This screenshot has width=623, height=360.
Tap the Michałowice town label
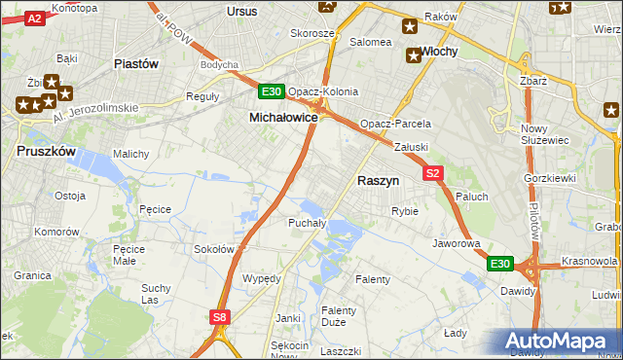tap(284, 117)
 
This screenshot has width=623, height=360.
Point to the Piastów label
tap(135, 64)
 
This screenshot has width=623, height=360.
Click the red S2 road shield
tap(434, 173)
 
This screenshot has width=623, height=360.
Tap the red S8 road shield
tap(220, 316)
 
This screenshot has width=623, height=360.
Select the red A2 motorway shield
tap(34, 18)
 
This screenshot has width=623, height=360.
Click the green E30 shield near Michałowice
tap(272, 92)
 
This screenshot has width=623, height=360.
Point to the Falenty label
tap(373, 279)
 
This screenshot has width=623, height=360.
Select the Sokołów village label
tap(214, 249)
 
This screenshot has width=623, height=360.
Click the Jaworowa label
tap(457, 243)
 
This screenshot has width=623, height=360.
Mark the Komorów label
tap(55, 233)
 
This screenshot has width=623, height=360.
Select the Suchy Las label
tap(156, 294)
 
